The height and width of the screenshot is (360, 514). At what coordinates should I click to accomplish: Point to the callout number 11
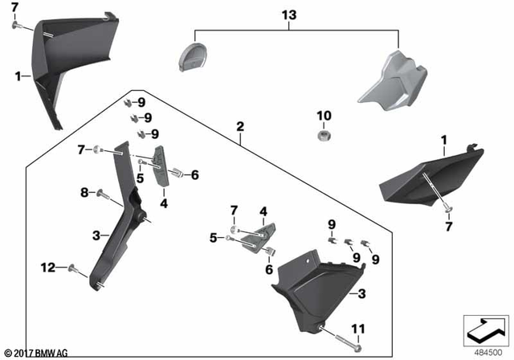tap(359, 329)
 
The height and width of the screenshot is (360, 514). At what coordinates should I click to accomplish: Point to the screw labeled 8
tap(102, 193)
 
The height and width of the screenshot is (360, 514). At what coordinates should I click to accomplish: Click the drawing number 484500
tap(484, 352)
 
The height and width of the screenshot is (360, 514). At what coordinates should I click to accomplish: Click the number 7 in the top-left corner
tap(14, 7)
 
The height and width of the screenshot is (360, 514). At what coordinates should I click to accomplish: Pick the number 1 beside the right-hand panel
tap(443, 140)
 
